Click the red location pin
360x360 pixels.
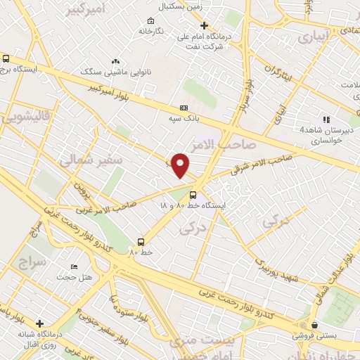coord(181,165)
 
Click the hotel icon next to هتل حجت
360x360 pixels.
coord(74,267)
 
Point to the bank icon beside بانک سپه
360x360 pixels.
coord(184,108)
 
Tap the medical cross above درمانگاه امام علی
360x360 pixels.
coord(204,26)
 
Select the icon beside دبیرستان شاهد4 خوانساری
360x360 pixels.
coord(326,119)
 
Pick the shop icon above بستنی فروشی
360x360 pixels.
coord(314,326)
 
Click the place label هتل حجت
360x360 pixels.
coord(77,278)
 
